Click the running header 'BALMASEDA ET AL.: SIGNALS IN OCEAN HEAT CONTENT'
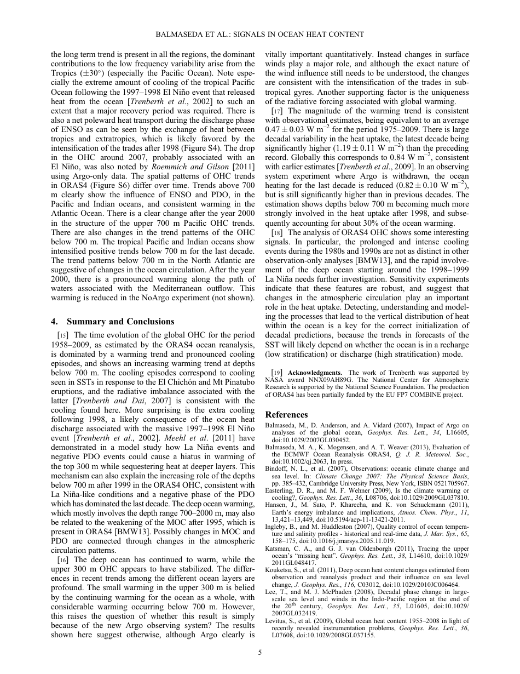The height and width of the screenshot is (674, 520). point(259,35)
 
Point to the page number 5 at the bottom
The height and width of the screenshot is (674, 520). point(260,652)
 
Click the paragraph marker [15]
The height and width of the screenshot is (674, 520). point(63,335)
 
